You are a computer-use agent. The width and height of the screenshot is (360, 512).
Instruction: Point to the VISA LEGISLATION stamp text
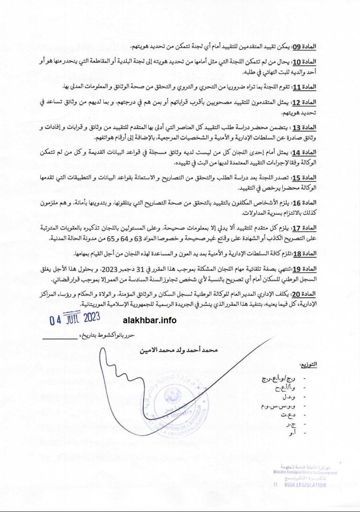pyautogui.click(x=307, y=485)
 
